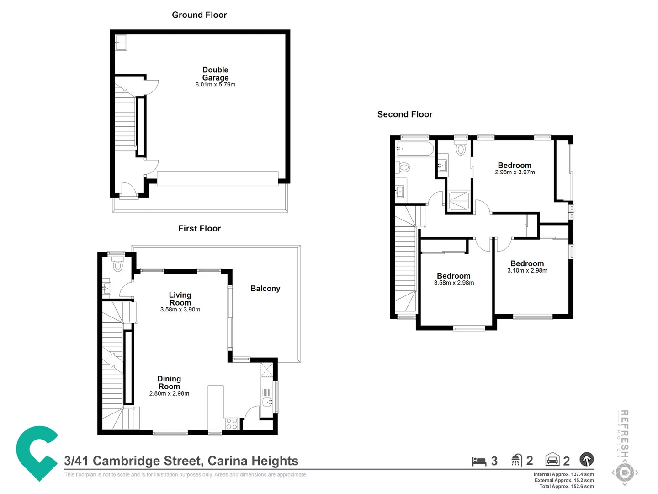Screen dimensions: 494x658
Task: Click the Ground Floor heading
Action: pyautogui.click(x=199, y=15)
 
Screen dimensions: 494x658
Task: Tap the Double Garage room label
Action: pyautogui.click(x=215, y=74)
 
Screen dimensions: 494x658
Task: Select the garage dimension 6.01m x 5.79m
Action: pyautogui.click(x=215, y=85)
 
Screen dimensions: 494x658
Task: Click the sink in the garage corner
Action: pyautogui.click(x=121, y=43)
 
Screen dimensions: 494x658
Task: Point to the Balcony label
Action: pyautogui.click(x=265, y=289)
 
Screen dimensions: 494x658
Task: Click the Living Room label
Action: pyautogui.click(x=180, y=299)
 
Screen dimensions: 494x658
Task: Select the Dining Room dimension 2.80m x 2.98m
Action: pyautogui.click(x=169, y=393)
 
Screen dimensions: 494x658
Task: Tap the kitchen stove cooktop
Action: pyautogui.click(x=232, y=424)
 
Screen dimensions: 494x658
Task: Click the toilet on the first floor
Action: pyautogui.click(x=118, y=265)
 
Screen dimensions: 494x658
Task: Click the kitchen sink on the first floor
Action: pyautogui.click(x=267, y=402)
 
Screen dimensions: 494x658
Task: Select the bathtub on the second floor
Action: pyautogui.click(x=415, y=149)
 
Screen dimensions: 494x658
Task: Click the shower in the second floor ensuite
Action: pyautogui.click(x=459, y=201)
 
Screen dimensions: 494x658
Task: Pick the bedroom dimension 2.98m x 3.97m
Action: pyautogui.click(x=515, y=172)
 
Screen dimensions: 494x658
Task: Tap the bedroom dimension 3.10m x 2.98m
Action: pyautogui.click(x=527, y=271)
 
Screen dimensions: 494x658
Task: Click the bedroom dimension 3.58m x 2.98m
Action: pyautogui.click(x=454, y=283)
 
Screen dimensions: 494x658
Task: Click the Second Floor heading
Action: pyautogui.click(x=404, y=114)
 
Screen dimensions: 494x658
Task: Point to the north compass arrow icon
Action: pyautogui.click(x=587, y=459)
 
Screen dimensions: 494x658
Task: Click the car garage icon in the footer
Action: pyautogui.click(x=552, y=460)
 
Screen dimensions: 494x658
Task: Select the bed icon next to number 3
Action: pyautogui.click(x=479, y=461)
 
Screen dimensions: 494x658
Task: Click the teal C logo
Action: pyautogui.click(x=37, y=453)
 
